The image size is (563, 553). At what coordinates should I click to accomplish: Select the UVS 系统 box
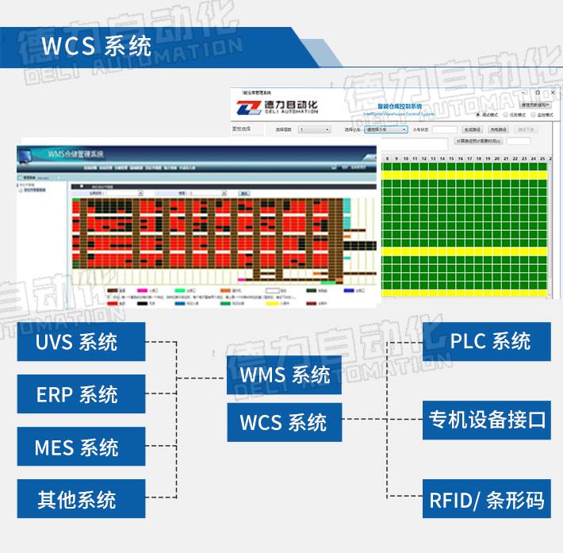coord(81,342)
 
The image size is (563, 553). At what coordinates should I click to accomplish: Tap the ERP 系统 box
coord(81,394)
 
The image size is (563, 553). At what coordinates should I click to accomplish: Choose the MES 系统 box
coord(81,447)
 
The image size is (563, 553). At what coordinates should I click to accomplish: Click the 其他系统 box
coord(81,500)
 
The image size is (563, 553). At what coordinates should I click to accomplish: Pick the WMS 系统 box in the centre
coord(285,374)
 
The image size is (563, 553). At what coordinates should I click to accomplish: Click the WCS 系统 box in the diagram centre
coord(284,422)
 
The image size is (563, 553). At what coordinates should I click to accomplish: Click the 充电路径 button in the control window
coord(500,129)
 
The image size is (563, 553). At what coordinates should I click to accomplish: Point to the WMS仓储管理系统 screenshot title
coord(76,153)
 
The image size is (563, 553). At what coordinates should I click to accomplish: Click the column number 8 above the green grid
coord(388,159)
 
